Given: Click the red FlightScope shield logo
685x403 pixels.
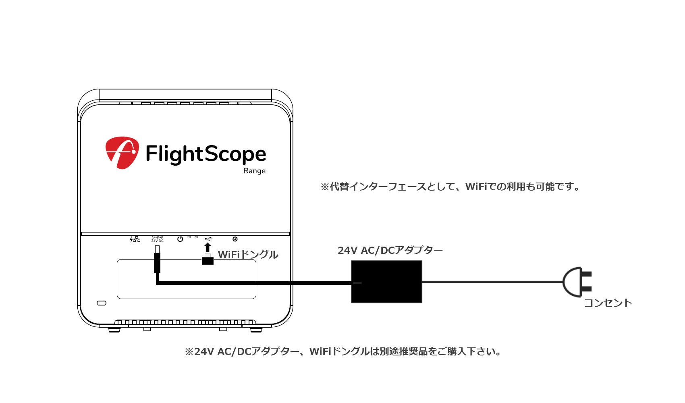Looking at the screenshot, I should [x=122, y=152].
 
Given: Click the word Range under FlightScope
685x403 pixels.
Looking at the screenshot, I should [x=254, y=171].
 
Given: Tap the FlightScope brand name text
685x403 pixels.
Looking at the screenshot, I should [x=205, y=154].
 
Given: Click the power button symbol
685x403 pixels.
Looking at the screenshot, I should [x=180, y=239].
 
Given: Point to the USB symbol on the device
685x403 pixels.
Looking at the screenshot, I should [x=208, y=239].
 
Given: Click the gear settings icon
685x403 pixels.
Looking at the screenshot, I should [x=235, y=239].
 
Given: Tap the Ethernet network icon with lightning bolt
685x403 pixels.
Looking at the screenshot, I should [x=135, y=239].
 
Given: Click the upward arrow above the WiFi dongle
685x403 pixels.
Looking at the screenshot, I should [x=208, y=247].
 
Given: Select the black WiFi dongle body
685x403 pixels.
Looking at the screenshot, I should [x=208, y=260].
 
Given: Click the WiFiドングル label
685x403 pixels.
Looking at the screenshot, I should [x=248, y=255].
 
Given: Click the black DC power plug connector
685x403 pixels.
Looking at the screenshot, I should [x=157, y=263].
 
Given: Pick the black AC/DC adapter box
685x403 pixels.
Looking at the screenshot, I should [x=386, y=281].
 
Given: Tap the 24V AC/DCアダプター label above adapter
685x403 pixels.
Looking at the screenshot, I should [x=390, y=250].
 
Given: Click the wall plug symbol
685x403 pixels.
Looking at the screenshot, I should [x=577, y=282].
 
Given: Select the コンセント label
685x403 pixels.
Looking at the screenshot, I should [x=608, y=303].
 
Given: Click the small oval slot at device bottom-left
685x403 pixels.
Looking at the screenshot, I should [x=102, y=303].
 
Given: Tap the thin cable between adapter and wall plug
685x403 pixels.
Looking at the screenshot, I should [x=492, y=282].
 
